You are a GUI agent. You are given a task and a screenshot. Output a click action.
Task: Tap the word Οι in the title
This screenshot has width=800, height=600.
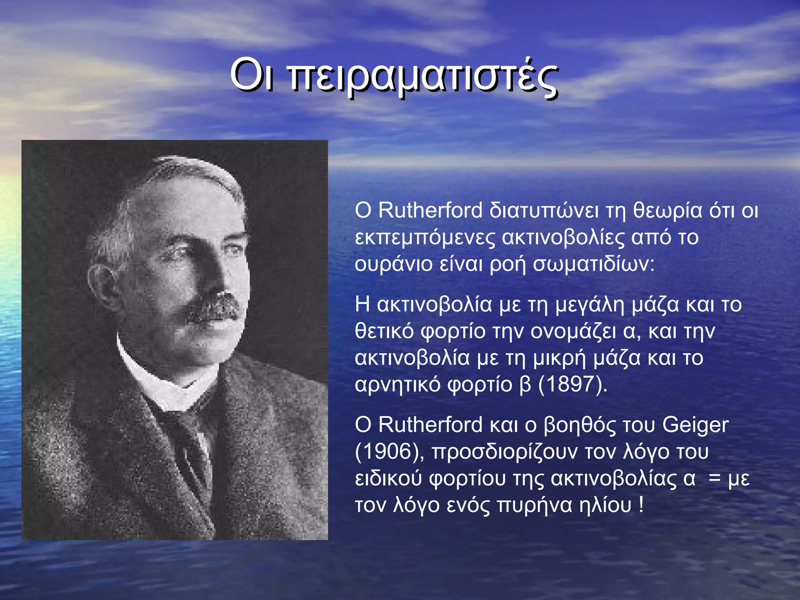tap(252, 74)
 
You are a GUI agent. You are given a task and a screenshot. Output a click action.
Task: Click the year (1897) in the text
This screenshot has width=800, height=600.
tap(573, 384)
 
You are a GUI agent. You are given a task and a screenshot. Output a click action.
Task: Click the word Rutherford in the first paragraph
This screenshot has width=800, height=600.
tap(430, 211)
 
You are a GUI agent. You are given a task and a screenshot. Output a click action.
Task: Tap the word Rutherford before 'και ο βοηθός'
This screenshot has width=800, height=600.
tap(430, 425)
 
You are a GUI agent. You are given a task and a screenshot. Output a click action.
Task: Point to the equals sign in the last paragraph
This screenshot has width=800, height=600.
tap(714, 479)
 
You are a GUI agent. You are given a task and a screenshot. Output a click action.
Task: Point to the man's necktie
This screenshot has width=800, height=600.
tap(191, 441)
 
